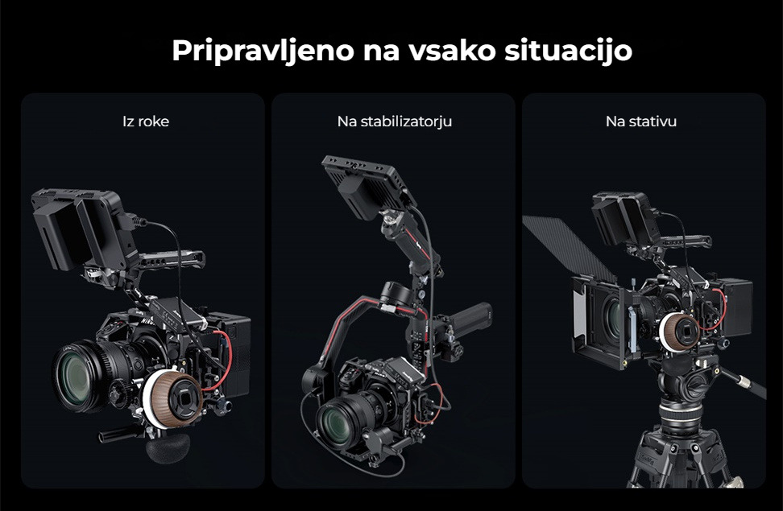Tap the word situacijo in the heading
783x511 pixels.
[568, 51]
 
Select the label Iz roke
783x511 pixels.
[146, 122]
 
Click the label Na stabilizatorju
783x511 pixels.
[395, 122]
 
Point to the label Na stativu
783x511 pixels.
[641, 122]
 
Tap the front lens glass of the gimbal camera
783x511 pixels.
[334, 422]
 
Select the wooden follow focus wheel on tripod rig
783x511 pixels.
[680, 332]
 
